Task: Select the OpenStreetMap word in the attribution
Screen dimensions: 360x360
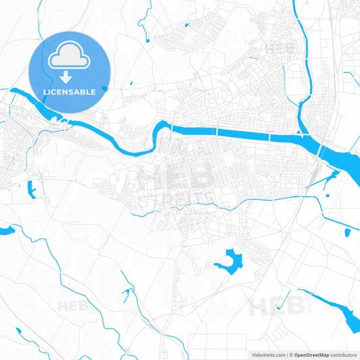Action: (x=311, y=354)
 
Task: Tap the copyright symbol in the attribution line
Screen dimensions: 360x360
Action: (x=290, y=354)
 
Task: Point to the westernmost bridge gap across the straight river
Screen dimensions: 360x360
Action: (x=172, y=127)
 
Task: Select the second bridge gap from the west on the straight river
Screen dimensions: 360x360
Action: (x=217, y=131)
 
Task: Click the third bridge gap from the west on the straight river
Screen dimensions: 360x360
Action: (x=269, y=136)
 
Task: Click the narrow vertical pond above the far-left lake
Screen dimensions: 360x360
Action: (x=30, y=190)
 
